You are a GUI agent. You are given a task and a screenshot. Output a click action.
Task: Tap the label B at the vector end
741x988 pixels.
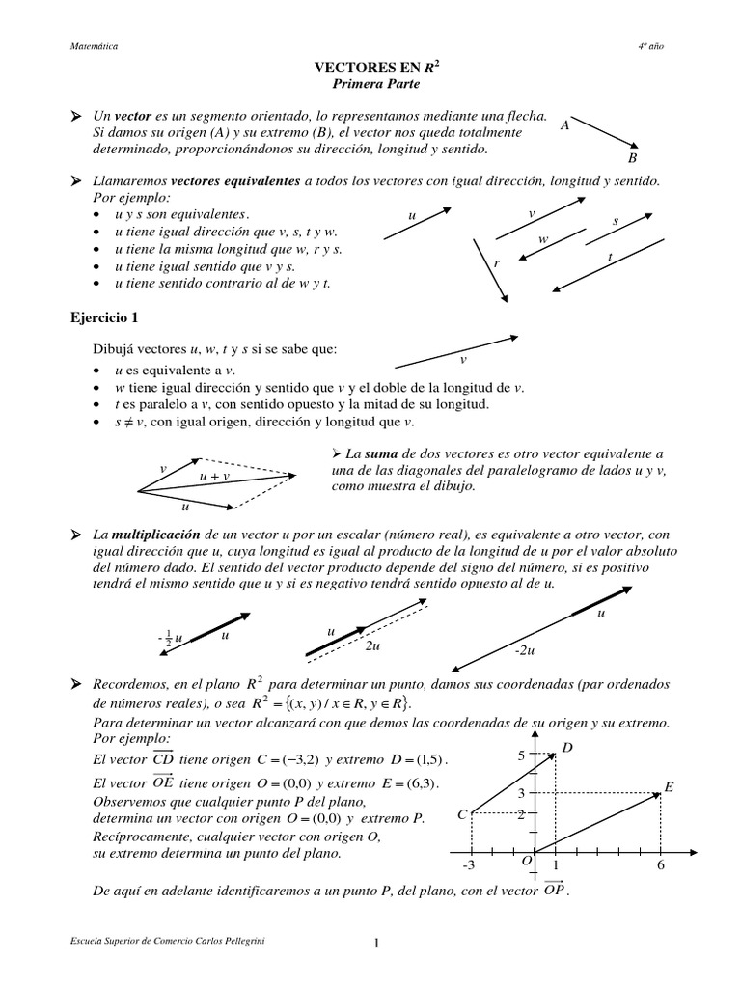coord(632,158)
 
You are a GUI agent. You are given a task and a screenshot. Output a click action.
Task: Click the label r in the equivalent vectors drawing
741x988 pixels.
coord(496,262)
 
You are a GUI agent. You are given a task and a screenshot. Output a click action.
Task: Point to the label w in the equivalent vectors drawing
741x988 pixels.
coord(543,238)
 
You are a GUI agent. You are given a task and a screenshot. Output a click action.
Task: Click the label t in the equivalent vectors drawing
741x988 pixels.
coord(611,256)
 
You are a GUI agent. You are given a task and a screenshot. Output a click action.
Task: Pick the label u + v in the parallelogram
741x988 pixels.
coord(214,477)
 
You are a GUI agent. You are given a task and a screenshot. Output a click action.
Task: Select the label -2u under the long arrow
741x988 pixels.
coord(525,652)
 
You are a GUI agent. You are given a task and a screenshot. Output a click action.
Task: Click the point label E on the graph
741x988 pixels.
coord(668,787)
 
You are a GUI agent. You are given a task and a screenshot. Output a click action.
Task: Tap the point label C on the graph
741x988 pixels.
coord(462,815)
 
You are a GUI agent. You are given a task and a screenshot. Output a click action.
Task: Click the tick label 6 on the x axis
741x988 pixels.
coord(661,865)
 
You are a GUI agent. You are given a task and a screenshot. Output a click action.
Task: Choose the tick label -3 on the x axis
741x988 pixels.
coord(469,865)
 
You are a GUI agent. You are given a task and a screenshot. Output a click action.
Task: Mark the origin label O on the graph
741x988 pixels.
coord(526,860)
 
